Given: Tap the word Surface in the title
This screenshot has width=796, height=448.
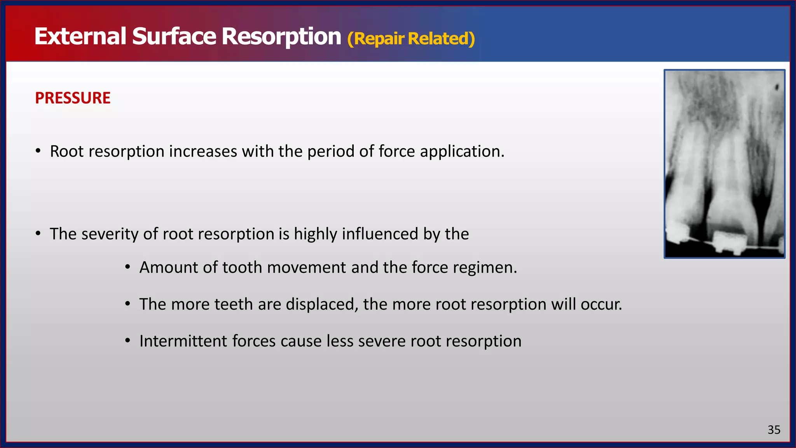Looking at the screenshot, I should coord(174,37).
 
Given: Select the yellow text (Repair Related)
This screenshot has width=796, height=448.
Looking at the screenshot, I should coord(411,39).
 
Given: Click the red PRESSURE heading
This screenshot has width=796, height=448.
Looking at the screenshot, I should coord(73,98).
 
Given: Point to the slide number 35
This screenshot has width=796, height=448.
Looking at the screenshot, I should coord(774,430).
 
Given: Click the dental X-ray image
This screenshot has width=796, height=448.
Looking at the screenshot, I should coord(724,164).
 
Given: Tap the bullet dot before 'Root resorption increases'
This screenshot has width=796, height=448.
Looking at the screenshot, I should coord(38,151).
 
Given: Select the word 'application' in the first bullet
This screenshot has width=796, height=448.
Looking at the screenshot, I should coord(461,152).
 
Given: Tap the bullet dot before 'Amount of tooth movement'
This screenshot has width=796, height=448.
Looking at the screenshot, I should coord(127,268).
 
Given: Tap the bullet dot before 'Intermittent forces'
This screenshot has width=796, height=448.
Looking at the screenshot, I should coord(127,341).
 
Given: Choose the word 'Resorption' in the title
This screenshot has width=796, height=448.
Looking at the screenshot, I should coord(281,37).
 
